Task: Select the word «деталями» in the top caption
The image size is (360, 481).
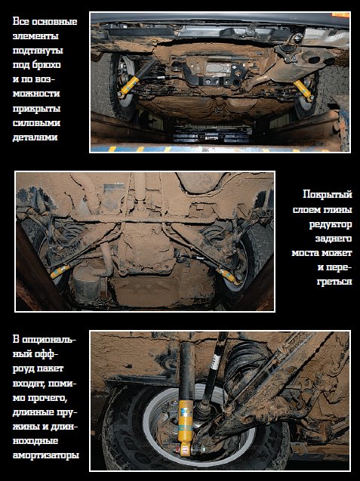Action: (35, 137)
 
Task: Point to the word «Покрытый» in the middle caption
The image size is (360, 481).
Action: (328, 195)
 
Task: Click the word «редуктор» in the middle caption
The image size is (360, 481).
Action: (331, 224)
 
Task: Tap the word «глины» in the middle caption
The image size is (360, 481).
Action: (337, 210)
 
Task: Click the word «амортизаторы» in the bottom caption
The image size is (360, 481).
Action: (46, 455)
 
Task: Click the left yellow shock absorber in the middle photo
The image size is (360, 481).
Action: (60, 271)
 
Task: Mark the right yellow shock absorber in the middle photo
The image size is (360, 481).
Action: (229, 276)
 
